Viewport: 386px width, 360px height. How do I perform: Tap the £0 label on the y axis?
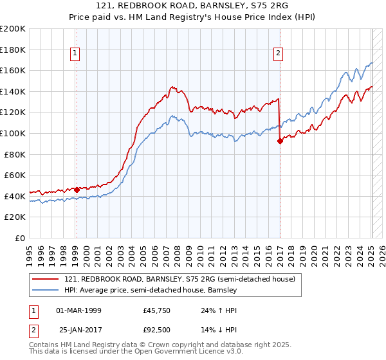tap(20, 238)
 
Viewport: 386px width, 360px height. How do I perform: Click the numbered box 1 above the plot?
tap(76, 54)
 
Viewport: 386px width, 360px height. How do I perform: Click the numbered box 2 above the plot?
tap(279, 54)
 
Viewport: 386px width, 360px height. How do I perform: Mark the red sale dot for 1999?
tap(77, 190)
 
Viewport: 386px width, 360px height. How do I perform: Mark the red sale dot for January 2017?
tap(280, 141)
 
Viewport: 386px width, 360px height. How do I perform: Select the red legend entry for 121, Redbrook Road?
tap(179, 280)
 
